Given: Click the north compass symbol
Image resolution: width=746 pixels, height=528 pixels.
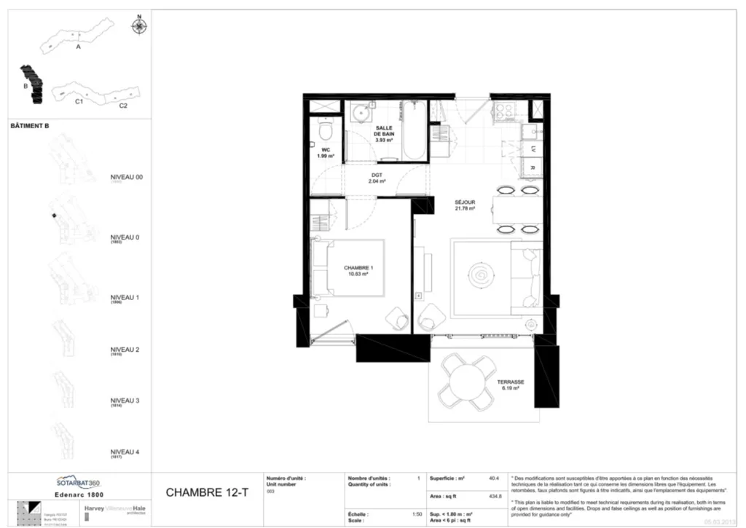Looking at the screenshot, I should point(138,27).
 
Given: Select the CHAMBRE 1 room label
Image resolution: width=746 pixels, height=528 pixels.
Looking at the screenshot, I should point(358,268).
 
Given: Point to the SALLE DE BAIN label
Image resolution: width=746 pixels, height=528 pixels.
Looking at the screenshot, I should point(384,132).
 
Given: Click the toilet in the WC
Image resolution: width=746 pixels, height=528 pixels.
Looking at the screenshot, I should point(326,132).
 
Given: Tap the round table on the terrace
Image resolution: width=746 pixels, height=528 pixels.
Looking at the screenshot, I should point(463,379).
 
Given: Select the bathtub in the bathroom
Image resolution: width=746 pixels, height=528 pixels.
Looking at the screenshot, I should point(412,131).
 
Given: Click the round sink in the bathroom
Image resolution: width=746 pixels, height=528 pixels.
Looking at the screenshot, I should point(360,116).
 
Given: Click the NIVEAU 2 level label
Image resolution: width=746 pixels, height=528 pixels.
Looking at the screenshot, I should point(125,350).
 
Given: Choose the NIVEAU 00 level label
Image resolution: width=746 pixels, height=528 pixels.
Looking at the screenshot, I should point(126,177).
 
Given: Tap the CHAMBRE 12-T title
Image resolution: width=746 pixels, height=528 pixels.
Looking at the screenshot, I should point(207,492).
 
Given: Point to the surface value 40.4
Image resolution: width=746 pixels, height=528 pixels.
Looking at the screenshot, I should point(493,478).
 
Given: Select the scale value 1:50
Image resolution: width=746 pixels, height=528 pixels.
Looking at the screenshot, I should point(416,514).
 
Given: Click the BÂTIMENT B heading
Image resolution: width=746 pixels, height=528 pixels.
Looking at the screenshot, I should point(30,125).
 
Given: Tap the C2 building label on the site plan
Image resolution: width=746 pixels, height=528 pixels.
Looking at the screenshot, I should point(123,106).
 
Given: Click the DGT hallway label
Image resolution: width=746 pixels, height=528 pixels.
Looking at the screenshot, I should point(377,176).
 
